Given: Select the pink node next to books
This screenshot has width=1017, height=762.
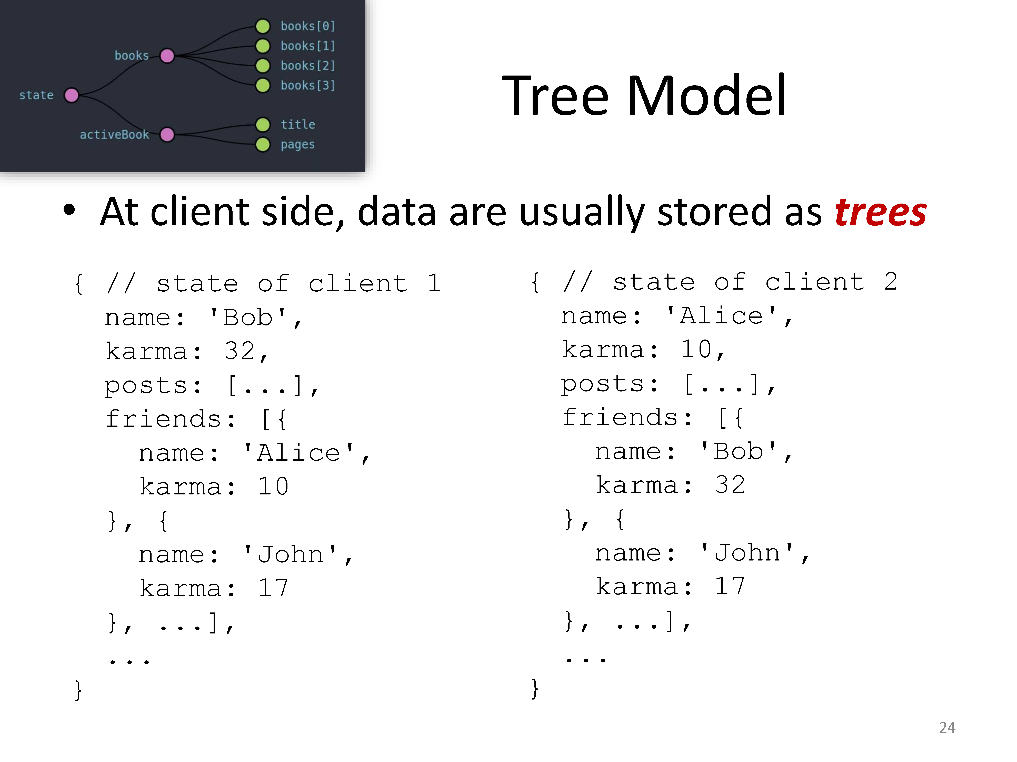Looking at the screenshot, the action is [167, 56].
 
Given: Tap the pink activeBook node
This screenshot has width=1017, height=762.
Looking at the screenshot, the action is [167, 135].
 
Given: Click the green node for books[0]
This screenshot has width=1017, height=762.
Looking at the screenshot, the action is [263, 26].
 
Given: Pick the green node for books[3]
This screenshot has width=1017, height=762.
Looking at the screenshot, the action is [263, 86].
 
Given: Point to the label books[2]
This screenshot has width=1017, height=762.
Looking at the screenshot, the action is [308, 66].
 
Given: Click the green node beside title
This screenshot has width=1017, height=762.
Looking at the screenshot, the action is [263, 124].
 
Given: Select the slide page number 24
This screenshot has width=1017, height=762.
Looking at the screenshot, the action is [947, 728].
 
